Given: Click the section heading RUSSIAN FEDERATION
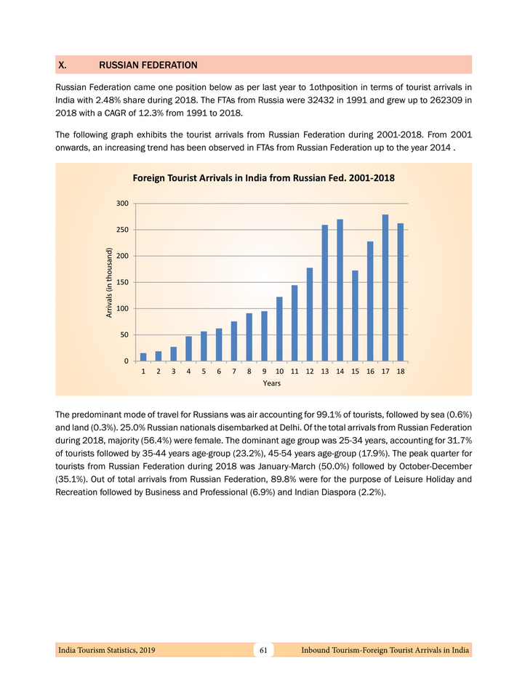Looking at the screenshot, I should point(148,65).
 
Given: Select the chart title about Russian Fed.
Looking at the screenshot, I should point(263,177).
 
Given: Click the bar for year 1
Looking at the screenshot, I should point(143,357).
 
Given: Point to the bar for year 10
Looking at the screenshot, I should point(279,329).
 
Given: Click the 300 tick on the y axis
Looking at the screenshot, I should point(123,204).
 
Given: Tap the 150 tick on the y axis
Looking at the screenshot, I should point(123,282).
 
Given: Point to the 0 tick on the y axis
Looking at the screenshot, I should point(127,361).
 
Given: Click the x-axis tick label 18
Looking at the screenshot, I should point(401,372).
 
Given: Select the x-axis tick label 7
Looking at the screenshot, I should point(234,372).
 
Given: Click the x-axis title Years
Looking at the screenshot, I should point(272,383).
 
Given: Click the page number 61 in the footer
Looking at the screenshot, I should point(264,649).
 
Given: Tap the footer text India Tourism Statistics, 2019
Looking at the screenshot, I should point(106,649).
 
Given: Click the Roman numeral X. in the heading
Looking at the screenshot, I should point(63,65).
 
